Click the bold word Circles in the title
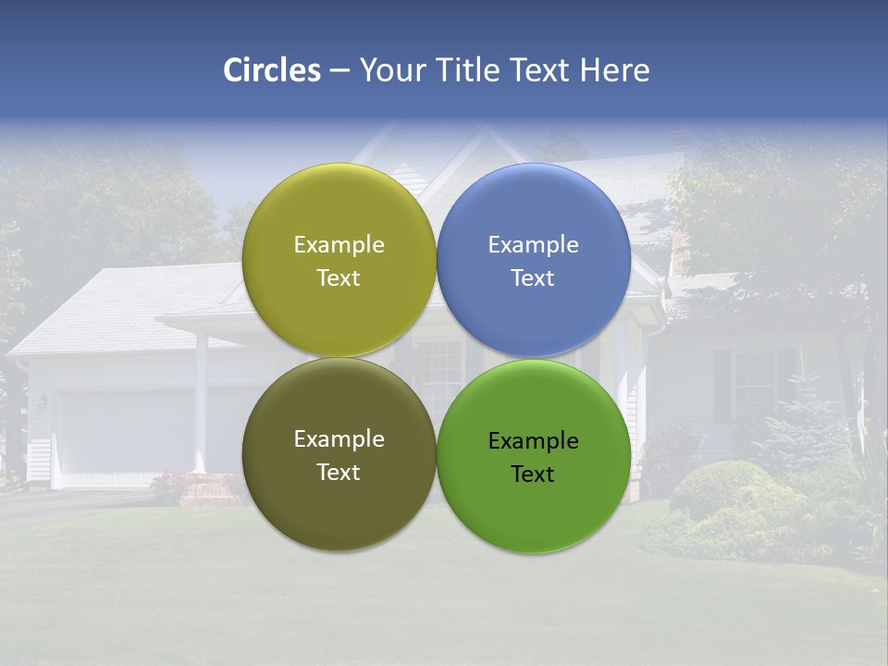pos(271,70)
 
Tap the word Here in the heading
pos(614,70)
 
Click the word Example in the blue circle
pos(533,245)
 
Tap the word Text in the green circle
pos(533,474)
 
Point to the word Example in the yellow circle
pos(339,245)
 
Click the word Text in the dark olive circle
pos(339,472)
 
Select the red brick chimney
pos(682,245)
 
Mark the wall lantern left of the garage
pos(43,401)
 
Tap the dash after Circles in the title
pos(339,70)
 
